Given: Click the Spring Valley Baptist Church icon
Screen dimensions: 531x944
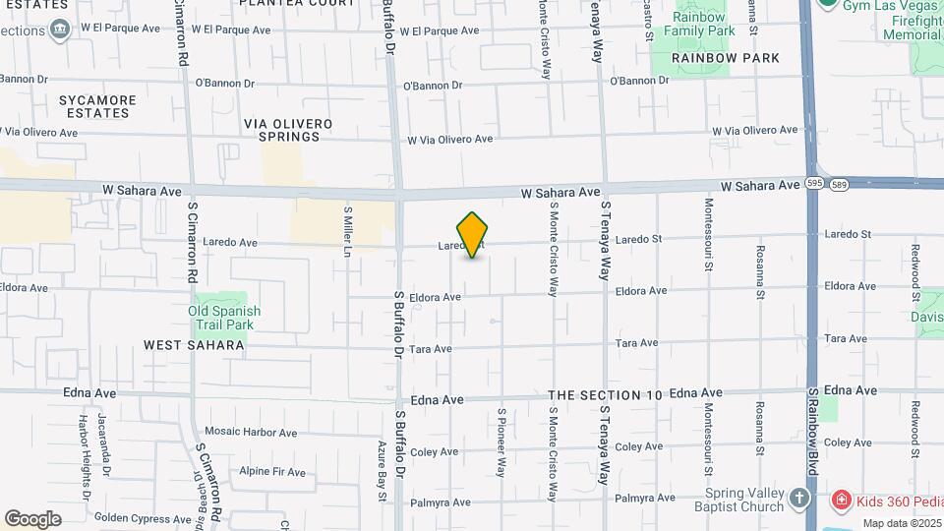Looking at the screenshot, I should point(798,499).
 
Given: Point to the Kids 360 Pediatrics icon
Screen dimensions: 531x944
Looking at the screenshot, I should point(841,501).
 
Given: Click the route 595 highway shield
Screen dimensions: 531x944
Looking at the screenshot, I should point(814,184).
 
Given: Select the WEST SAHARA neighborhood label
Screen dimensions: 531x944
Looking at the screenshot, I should point(194,345).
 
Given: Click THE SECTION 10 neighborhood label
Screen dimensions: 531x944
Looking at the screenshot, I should point(605,395).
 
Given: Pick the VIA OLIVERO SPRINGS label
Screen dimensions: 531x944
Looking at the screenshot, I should point(288,130).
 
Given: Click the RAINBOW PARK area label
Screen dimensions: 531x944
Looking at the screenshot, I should point(726,58).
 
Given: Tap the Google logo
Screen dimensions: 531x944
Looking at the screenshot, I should point(32,519).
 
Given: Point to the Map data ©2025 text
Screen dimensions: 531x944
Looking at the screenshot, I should point(893,521).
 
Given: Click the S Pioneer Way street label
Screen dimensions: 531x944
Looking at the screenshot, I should point(501,442).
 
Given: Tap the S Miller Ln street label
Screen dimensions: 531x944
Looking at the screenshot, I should point(347,232).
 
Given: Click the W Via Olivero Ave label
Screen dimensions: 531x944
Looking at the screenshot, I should point(449,140).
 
